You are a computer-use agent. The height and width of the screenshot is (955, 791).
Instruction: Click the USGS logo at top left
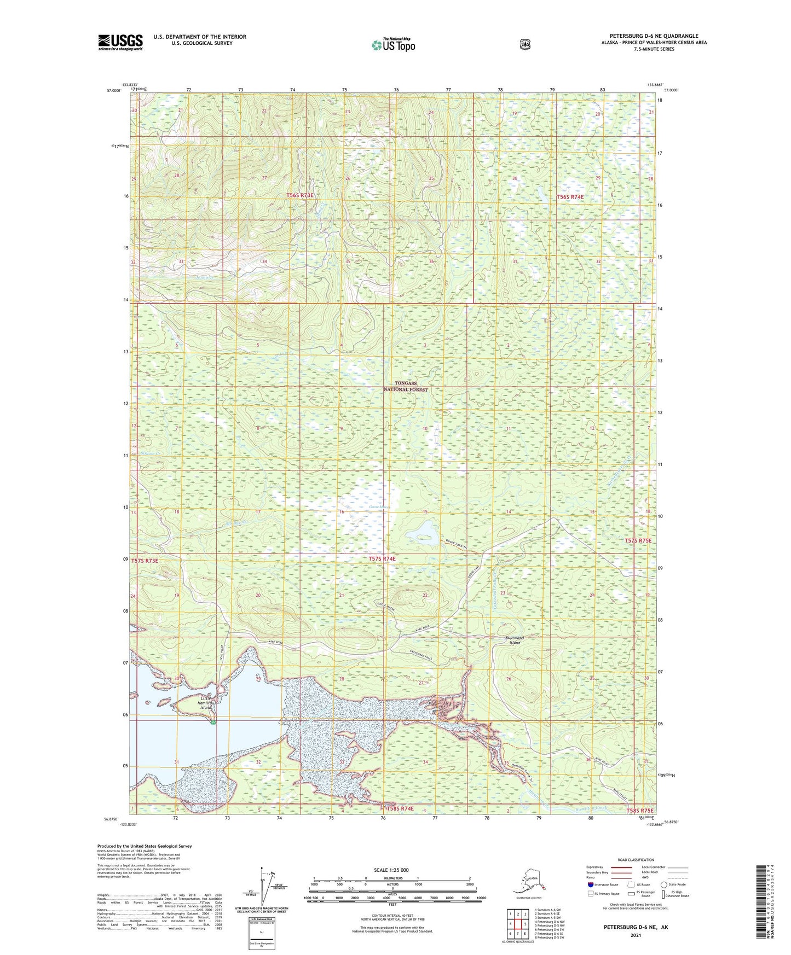click(120, 42)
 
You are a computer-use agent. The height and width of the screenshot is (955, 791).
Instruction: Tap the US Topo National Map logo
click(392, 45)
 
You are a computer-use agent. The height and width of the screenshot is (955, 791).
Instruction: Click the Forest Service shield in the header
click(524, 44)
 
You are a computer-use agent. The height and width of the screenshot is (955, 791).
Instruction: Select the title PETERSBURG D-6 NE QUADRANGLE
click(654, 36)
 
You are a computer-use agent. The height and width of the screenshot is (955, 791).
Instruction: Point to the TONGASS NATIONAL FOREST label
click(405, 386)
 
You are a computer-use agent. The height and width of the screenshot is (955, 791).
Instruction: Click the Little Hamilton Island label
click(205, 703)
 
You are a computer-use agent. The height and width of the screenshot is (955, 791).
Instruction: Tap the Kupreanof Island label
click(515, 640)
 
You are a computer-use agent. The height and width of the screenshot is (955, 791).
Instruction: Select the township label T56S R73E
click(300, 195)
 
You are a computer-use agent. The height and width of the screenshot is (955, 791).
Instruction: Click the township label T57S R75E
click(638, 540)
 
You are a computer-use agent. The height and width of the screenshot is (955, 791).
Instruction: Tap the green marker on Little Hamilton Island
click(213, 722)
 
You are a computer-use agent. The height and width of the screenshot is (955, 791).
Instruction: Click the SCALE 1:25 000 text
click(391, 870)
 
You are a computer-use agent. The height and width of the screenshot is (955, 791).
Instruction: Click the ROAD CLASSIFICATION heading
click(636, 860)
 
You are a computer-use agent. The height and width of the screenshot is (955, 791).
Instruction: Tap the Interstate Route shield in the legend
click(590, 884)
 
